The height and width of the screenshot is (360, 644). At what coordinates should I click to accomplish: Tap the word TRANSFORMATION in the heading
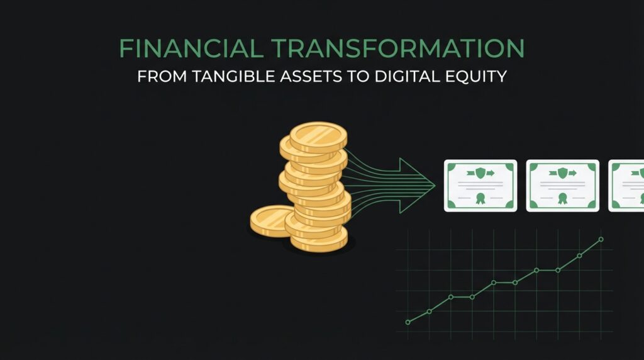(x=398, y=48)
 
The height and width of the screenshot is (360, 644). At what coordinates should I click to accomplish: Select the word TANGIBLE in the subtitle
(x=233, y=76)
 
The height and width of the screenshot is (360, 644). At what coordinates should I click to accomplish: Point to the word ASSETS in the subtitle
(x=311, y=76)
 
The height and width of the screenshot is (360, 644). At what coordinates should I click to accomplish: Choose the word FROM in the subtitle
(x=162, y=76)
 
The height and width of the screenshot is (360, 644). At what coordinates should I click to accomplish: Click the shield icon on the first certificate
(x=480, y=172)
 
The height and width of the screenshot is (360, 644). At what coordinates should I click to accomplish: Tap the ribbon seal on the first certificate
(x=480, y=198)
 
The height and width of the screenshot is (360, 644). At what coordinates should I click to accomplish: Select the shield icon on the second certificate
(x=562, y=172)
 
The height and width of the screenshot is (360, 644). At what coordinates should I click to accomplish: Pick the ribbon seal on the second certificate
(x=562, y=198)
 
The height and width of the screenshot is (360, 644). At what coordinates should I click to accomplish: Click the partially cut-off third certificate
(x=627, y=186)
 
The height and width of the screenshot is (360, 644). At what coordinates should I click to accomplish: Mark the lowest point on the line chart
(x=408, y=322)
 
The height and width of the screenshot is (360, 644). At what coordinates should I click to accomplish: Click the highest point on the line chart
(x=601, y=239)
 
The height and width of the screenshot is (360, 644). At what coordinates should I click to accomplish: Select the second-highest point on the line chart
(x=579, y=256)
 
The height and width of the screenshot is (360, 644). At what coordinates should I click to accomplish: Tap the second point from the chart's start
(x=429, y=312)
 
